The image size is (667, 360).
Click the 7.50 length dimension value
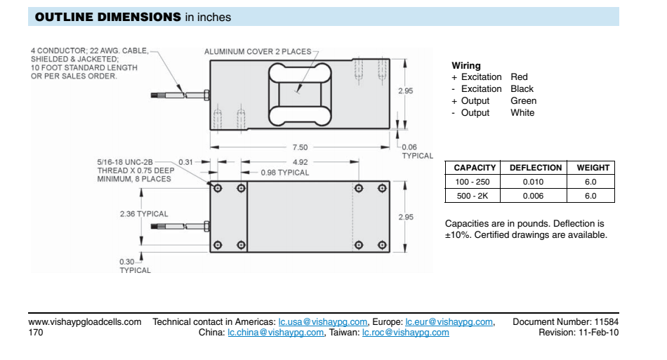pyautogui.click(x=299, y=147)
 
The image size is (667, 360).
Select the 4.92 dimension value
pyautogui.click(x=299, y=162)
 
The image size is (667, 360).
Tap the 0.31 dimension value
pyautogui.click(x=185, y=162)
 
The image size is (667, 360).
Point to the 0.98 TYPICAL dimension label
pyautogui.click(x=284, y=173)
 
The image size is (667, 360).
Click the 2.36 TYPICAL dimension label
pyautogui.click(x=144, y=214)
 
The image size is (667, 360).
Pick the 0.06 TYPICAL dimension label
pyautogui.click(x=417, y=151)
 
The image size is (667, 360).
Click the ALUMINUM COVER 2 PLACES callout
pyautogui.click(x=257, y=52)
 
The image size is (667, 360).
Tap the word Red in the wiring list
pyautogui.click(x=519, y=77)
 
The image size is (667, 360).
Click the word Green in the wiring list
pyautogui.click(x=523, y=101)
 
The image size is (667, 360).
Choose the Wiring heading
pyautogui.click(x=466, y=66)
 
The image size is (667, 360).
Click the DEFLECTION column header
pyautogui.click(x=535, y=168)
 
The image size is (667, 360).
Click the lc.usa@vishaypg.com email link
pyautogui.click(x=323, y=322)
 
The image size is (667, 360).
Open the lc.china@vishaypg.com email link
pyautogui.click(x=276, y=333)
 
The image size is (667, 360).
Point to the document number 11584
pyautogui.click(x=607, y=322)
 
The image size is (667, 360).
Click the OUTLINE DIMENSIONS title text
pyautogui.click(x=107, y=17)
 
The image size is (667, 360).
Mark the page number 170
pyautogui.click(x=36, y=333)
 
